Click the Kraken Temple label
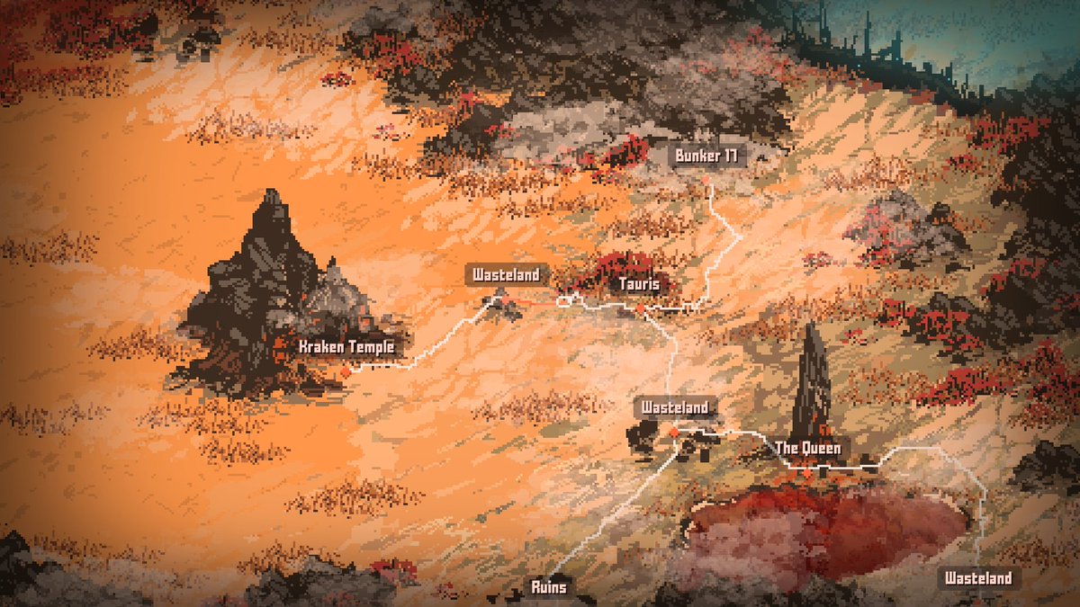tap(346, 346)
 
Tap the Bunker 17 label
tap(706, 156)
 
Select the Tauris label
tap(640, 285)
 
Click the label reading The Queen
tap(807, 448)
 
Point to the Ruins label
tap(549, 587)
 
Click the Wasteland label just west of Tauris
tap(507, 274)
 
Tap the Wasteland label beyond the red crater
tap(978, 578)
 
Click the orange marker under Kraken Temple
tap(345, 370)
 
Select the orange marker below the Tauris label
tap(640, 309)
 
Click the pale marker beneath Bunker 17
tap(706, 180)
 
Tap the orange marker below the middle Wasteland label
tap(674, 433)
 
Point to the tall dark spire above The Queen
tap(813, 378)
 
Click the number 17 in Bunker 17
tap(730, 156)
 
